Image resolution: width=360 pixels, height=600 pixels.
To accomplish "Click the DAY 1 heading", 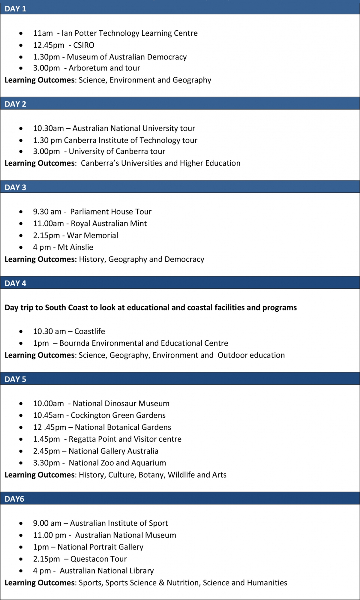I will pyautogui.click(x=15, y=9).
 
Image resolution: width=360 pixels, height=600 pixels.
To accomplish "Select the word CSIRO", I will pyautogui.click(x=84, y=45).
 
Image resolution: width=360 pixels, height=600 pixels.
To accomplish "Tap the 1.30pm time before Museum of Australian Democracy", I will pyautogui.click(x=46, y=57).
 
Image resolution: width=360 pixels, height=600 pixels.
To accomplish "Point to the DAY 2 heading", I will pyautogui.click(x=15, y=104).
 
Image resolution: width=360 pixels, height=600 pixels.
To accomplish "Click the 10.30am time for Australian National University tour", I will pyautogui.click(x=48, y=128).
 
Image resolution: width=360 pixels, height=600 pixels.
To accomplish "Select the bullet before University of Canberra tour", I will pyautogui.click(x=21, y=151).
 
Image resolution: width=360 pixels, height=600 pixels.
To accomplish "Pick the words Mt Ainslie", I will pyautogui.click(x=75, y=247).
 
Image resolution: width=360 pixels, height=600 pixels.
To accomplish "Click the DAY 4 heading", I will pyautogui.click(x=15, y=283).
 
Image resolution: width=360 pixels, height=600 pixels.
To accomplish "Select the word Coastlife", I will pyautogui.click(x=89, y=331).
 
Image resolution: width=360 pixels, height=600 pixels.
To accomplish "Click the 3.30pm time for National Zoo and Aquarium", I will pyautogui.click(x=46, y=463).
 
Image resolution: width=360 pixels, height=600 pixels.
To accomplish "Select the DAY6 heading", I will pyautogui.click(x=14, y=499).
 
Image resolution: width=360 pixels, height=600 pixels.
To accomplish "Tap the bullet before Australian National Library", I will pyautogui.click(x=21, y=571).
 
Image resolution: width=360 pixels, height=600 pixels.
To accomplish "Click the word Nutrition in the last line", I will pyautogui.click(x=183, y=583).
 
